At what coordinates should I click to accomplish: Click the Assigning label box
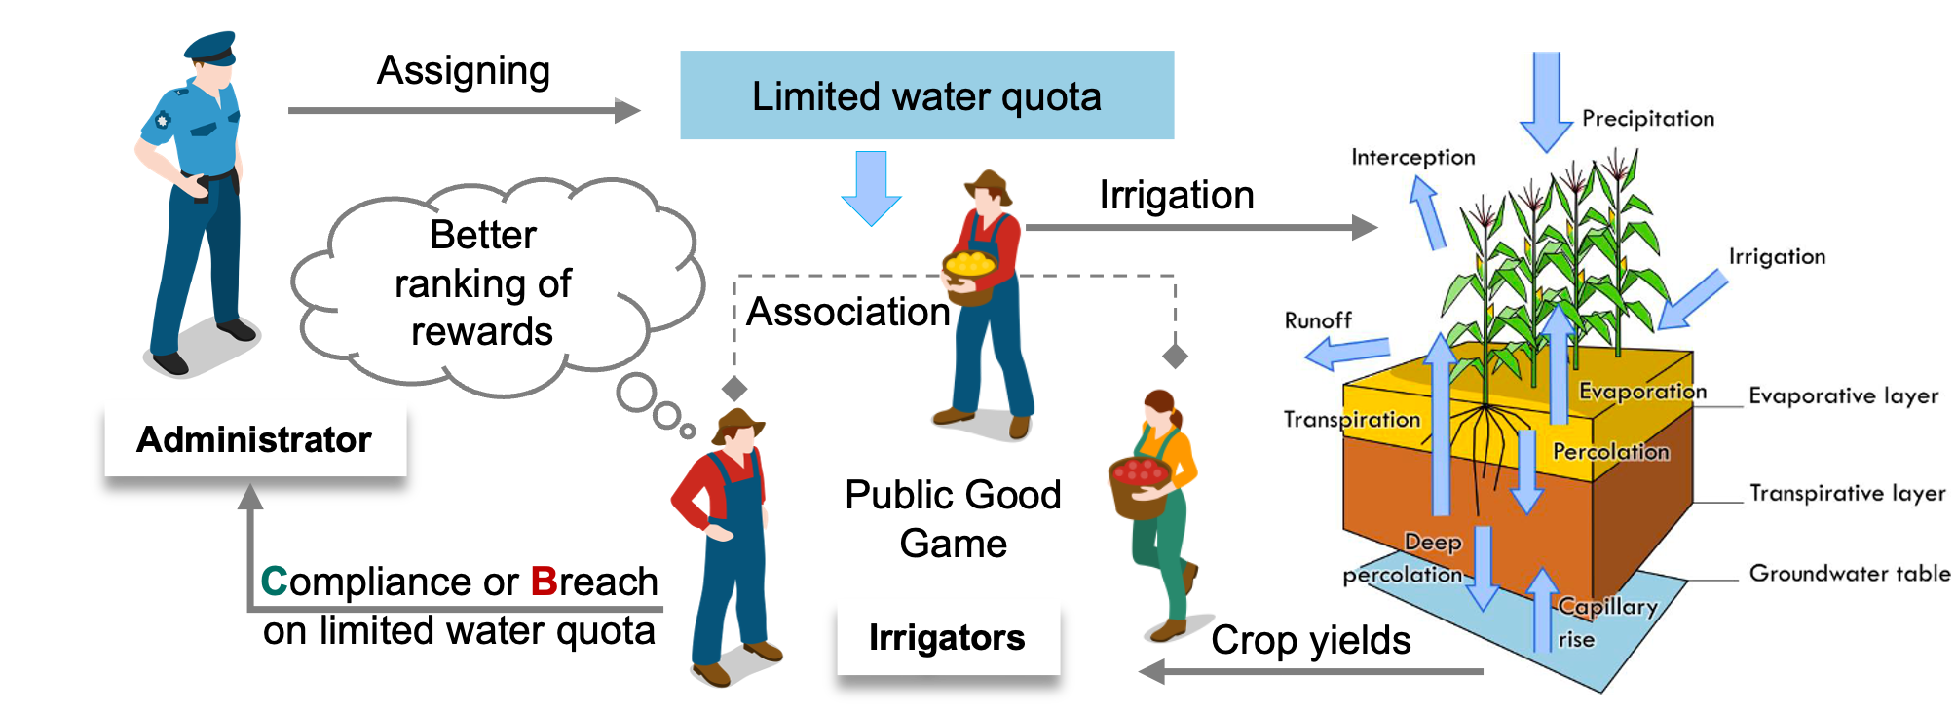click(464, 70)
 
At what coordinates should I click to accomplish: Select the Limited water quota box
click(926, 95)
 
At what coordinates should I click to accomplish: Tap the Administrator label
click(254, 439)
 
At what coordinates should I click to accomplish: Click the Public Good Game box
click(953, 518)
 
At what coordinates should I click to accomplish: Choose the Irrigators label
click(947, 638)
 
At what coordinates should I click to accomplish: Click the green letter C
click(274, 582)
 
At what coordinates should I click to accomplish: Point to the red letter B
click(544, 582)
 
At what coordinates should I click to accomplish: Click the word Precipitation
click(1648, 119)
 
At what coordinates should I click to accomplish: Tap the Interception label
click(1412, 158)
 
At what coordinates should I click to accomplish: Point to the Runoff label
click(1318, 320)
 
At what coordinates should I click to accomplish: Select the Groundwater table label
click(1849, 573)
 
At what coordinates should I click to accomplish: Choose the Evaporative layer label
click(1843, 395)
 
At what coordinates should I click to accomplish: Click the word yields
click(1360, 641)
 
